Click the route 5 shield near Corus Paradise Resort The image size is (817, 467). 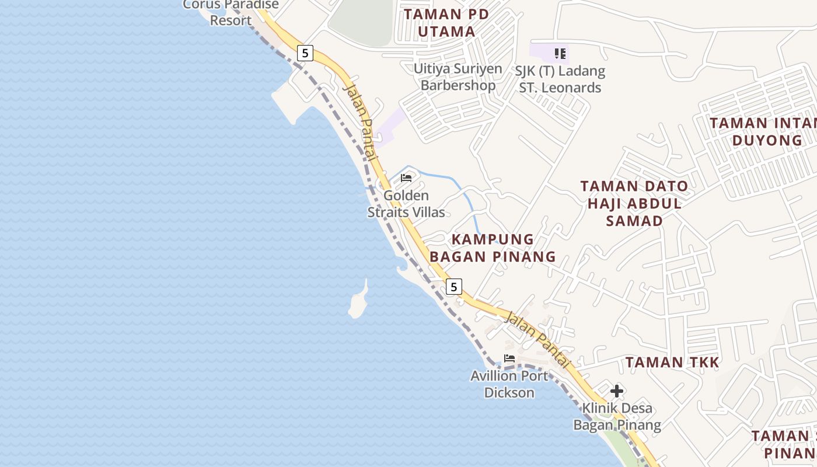pyautogui.click(x=305, y=53)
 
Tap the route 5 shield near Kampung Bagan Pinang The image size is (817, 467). pyautogui.click(x=453, y=287)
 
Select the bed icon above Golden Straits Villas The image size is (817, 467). pyautogui.click(x=407, y=177)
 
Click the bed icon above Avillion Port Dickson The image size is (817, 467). pyautogui.click(x=509, y=358)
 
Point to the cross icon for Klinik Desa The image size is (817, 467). pyautogui.click(x=617, y=391)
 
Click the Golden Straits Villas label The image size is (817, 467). pyautogui.click(x=406, y=204)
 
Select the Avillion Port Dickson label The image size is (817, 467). pyautogui.click(x=509, y=384)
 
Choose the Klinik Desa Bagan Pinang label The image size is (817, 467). pyautogui.click(x=617, y=417)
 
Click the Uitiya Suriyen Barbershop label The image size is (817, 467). pyautogui.click(x=458, y=77)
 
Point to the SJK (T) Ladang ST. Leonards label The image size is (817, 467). pyautogui.click(x=560, y=79)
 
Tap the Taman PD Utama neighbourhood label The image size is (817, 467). pyautogui.click(x=447, y=23)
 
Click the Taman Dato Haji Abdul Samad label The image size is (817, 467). pyautogui.click(x=634, y=203)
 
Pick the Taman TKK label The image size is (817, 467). pyautogui.click(x=672, y=363)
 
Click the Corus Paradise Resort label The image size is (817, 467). pyautogui.click(x=231, y=12)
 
